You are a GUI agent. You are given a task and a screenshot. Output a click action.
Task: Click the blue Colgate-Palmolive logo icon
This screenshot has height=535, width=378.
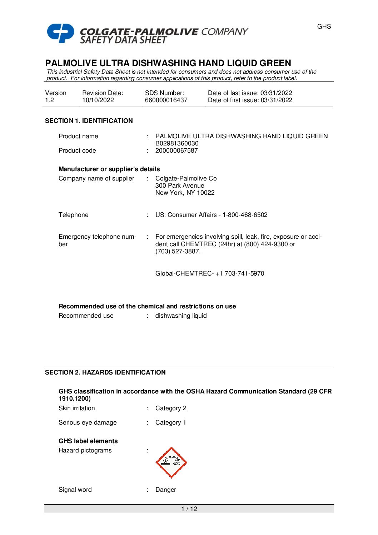point(60,33)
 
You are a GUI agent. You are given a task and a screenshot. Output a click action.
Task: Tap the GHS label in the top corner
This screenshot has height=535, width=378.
point(324,26)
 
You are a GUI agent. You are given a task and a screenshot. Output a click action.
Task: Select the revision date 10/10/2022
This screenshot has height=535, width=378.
point(98,100)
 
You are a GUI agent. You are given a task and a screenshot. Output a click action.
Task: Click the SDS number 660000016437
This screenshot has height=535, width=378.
point(166,100)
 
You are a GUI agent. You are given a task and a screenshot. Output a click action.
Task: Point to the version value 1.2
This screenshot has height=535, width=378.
point(49,100)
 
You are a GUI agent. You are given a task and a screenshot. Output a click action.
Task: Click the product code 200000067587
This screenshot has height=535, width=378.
point(176,150)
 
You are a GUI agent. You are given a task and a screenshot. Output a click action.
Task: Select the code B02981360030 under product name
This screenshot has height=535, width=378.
point(177,143)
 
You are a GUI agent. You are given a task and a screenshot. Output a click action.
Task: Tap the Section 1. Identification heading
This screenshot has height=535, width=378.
point(89,121)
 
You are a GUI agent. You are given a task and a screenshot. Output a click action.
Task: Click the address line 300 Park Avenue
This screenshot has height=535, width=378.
point(180,185)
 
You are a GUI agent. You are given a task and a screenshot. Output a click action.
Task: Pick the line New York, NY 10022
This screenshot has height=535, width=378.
point(185,193)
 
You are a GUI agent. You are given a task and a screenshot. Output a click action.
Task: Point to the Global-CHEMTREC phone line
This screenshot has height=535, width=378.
point(210,273)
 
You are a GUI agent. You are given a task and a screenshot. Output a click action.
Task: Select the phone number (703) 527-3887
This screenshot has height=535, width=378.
point(177,251)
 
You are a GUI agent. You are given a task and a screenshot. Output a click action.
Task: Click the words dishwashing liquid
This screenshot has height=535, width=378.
point(181,316)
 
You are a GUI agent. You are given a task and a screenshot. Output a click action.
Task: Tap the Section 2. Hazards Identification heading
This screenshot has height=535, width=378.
point(105,372)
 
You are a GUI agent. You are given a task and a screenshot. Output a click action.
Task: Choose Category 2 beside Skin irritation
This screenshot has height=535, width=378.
point(171,408)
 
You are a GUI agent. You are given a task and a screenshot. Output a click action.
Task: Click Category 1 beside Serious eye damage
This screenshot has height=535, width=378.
point(171,422)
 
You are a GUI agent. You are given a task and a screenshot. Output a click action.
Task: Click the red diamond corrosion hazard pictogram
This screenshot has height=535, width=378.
point(171,462)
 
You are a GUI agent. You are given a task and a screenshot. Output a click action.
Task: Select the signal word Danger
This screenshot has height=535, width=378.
point(166,490)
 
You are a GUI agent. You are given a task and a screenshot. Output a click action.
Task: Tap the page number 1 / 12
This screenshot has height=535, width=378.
point(189,509)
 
